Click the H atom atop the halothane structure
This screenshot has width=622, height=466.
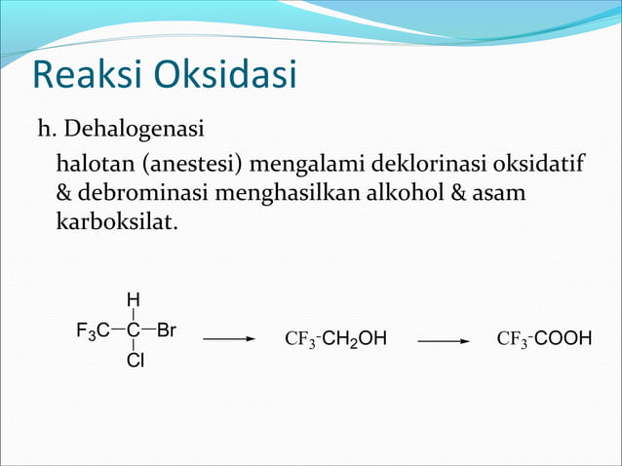pyautogui.click(x=133, y=298)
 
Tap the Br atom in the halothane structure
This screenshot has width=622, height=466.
pyautogui.click(x=166, y=330)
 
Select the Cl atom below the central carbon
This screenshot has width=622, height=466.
pyautogui.click(x=135, y=363)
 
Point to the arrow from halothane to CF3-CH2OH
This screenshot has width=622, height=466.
pyautogui.click(x=229, y=340)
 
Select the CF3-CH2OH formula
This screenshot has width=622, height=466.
pyautogui.click(x=335, y=339)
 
